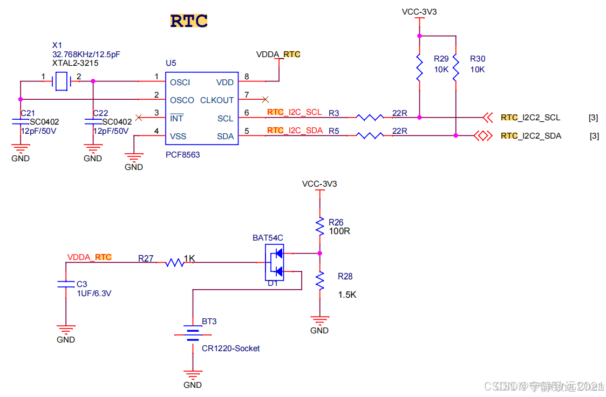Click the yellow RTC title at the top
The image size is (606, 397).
click(x=189, y=21)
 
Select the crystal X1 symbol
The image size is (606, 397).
click(x=61, y=81)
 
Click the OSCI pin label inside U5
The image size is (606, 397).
click(x=180, y=83)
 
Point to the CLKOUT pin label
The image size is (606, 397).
click(x=217, y=100)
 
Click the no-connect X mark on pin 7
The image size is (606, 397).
click(x=264, y=99)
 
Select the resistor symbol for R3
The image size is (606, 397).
click(x=370, y=117)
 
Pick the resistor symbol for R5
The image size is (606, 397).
click(x=370, y=135)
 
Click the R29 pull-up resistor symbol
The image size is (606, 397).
click(x=419, y=67)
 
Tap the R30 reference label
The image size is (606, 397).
click(x=478, y=58)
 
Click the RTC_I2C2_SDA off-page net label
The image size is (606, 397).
click(x=531, y=136)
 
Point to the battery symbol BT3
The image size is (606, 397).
click(x=192, y=333)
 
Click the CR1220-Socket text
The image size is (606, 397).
click(x=230, y=348)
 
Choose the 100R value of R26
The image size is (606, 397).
click(x=340, y=231)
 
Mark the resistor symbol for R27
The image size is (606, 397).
click(x=174, y=263)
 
